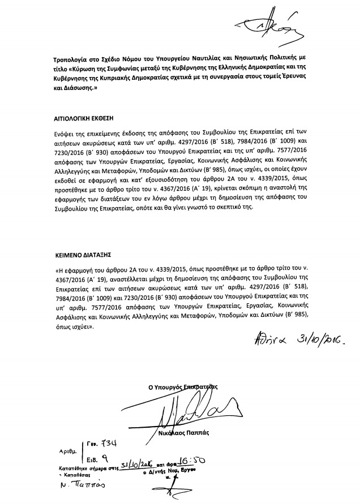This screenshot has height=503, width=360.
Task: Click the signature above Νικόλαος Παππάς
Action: (190, 412)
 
